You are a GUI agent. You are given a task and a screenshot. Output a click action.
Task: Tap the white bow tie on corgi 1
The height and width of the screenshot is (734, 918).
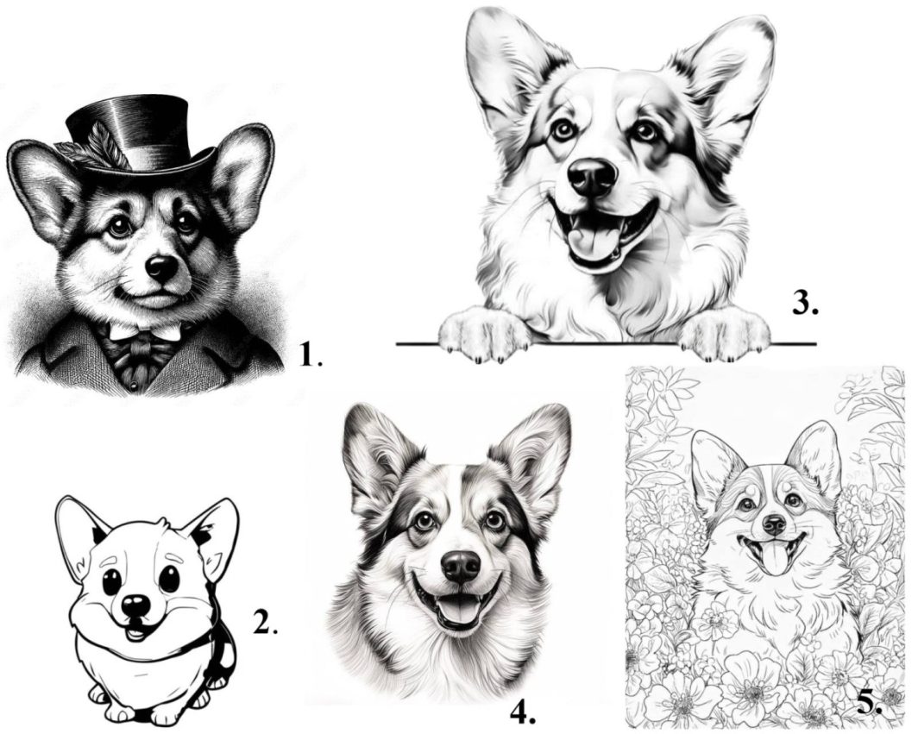click(x=145, y=332)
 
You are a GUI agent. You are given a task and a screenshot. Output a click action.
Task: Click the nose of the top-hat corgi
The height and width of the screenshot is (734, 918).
click(x=161, y=267)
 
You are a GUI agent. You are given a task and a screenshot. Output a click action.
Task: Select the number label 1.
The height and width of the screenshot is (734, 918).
click(x=311, y=354)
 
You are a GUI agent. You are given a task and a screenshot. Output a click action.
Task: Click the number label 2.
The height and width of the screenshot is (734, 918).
click(x=265, y=622)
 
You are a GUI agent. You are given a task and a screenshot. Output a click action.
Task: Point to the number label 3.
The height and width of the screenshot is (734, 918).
click(x=805, y=303)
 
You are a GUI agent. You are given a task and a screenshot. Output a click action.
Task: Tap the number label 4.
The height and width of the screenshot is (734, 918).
click(x=523, y=712)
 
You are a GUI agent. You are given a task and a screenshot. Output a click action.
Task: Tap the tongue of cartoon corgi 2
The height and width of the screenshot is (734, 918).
click(x=135, y=633)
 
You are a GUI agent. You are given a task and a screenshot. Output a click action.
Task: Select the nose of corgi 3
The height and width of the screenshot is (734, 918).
click(x=593, y=176)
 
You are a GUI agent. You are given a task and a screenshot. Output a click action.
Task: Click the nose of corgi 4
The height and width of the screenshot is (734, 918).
click(x=462, y=566)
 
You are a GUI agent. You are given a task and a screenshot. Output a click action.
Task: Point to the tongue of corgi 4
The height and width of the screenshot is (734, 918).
click(x=458, y=611)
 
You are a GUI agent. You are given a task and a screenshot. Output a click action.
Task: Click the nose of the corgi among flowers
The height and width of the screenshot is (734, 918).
click(x=775, y=524)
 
